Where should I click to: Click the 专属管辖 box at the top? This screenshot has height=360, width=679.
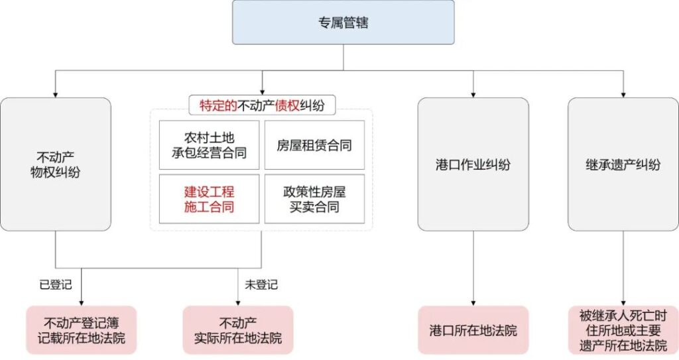coord(343,23)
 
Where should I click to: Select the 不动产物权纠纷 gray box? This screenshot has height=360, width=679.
coord(56,164)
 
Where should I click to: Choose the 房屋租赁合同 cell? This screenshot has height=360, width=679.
coord(314,145)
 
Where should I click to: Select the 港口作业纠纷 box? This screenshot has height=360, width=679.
coord(473,164)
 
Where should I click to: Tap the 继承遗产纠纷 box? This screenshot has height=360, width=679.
coord(623,164)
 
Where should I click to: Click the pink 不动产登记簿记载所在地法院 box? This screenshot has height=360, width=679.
coord(81,330)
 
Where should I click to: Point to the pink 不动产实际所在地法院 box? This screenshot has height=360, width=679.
coord(237,330)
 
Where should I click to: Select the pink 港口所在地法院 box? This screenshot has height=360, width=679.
coord(473,330)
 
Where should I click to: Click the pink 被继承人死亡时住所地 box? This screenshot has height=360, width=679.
coord(623,330)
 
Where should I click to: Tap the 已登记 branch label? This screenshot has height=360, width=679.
coord(56,284)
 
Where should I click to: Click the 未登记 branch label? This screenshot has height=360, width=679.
coord(261,284)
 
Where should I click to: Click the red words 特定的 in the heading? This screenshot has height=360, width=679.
coord(214,105)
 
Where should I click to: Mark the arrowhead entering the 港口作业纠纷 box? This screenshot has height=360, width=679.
coord(473,93)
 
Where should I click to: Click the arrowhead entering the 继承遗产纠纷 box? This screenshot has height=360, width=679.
coord(623,93)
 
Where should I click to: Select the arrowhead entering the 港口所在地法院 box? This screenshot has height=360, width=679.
coord(473,302)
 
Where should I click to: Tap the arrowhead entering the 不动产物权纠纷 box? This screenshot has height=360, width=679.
coord(56,93)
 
